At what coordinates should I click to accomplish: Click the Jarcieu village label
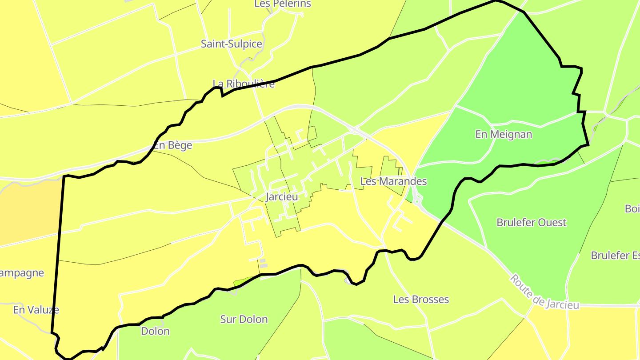281,196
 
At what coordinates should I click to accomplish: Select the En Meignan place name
504,134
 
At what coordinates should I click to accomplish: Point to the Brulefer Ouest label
532,222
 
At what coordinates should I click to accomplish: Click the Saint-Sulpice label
231,44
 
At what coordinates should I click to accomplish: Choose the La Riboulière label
244,84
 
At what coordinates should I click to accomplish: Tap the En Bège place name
173,145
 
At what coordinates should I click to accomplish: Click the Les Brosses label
421,300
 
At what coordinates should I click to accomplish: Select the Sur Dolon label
244,319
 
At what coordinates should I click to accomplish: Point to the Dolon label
155,331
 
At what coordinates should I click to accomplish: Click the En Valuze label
36,310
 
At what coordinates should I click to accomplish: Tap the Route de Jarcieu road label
544,292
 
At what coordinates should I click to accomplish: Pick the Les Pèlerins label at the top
283,4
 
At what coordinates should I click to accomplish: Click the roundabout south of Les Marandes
417,202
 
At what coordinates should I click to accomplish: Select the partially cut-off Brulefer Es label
615,256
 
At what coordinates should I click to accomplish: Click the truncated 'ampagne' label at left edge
22,273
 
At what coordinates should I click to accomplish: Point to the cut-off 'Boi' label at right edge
632,208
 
